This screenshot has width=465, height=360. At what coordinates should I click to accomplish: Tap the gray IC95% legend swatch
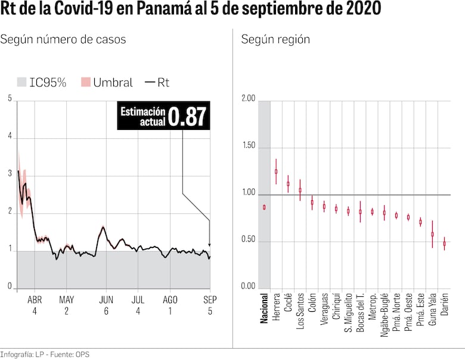[x=21, y=82]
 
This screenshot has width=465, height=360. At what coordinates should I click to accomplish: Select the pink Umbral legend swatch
[x=85, y=82]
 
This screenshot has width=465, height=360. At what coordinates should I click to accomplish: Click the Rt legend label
[x=163, y=82]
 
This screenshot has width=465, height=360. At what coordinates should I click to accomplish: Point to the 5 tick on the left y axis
[x=10, y=99]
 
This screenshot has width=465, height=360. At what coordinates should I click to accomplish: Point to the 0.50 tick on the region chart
[x=248, y=241]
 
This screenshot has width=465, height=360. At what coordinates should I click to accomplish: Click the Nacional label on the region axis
[x=264, y=308]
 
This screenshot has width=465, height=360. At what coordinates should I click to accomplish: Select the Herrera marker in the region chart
[x=276, y=171]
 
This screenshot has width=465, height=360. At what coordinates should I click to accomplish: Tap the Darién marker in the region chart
[x=444, y=243]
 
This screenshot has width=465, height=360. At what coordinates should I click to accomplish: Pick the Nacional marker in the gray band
[x=264, y=207]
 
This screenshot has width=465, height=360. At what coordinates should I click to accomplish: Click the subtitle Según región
[x=275, y=39]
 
